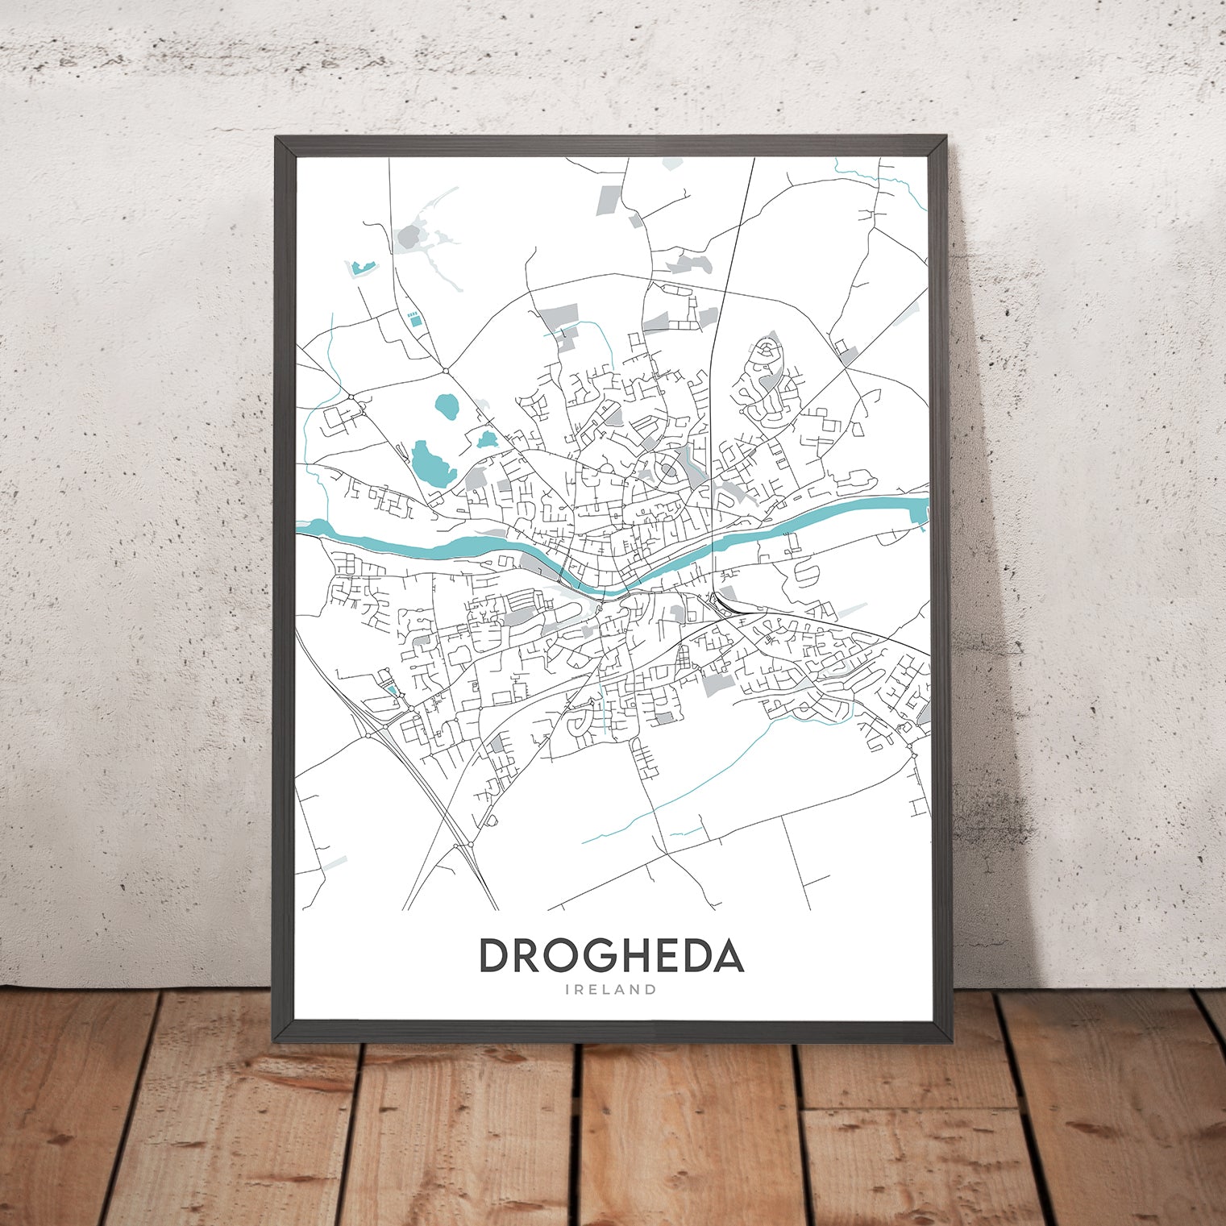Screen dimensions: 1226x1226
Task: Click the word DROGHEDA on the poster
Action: click(x=612, y=956)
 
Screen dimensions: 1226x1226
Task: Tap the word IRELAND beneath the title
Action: click(x=612, y=990)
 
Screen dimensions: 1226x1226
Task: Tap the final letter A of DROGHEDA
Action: click(x=728, y=956)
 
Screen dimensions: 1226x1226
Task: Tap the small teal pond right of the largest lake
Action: click(x=486, y=439)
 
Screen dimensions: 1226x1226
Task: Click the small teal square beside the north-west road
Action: click(x=414, y=320)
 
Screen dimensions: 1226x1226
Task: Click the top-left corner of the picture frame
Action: click(x=276, y=138)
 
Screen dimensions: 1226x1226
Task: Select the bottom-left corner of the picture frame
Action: click(x=276, y=1038)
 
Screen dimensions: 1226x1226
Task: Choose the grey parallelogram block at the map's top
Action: click(x=609, y=199)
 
